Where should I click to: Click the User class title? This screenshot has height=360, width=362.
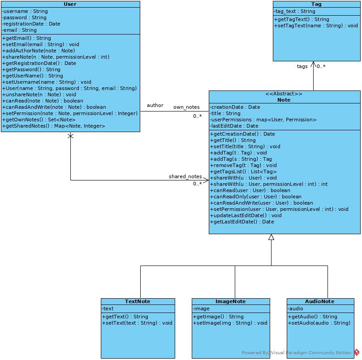tap(70, 4)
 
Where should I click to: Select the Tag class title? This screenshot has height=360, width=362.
tap(316, 4)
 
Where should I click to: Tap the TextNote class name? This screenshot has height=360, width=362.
tap(138, 301)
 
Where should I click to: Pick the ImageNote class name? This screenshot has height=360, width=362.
tap(231, 301)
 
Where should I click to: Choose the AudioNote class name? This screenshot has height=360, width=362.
tap(320, 301)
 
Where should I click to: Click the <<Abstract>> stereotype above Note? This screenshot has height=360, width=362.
tap(284, 94)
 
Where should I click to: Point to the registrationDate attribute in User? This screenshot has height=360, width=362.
tap(31, 24)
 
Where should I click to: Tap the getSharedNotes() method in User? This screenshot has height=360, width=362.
tap(54, 126)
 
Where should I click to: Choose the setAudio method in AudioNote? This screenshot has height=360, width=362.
tap(319, 323)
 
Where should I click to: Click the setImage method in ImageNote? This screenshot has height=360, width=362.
tap(230, 323)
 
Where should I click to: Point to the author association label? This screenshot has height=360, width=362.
tap(155, 105)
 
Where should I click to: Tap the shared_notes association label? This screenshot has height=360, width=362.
tap(185, 176)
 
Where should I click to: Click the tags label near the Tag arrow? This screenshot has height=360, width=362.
tap(302, 66)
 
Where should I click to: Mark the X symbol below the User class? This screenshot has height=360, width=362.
tap(70, 136)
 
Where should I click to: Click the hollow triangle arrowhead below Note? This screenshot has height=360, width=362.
tap(271, 237)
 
